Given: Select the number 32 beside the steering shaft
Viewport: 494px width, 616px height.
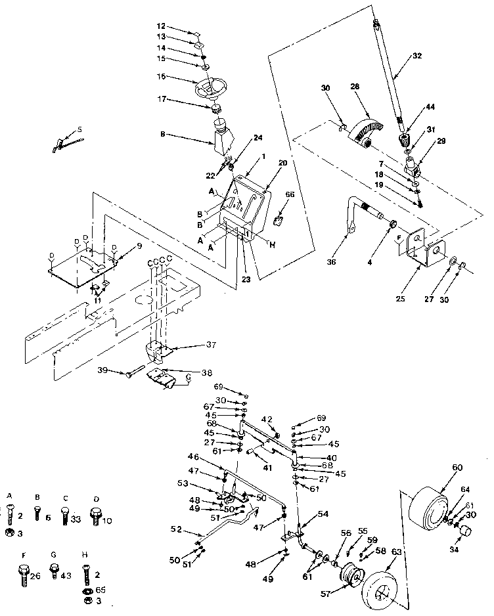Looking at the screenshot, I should pos(416,56).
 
